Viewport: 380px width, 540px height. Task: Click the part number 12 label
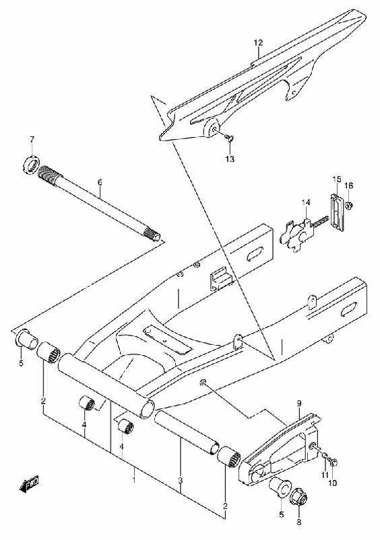point(258,43)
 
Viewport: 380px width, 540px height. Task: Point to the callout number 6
point(100,182)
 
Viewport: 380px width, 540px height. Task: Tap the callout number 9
point(299,402)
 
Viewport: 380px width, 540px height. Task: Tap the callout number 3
point(180,480)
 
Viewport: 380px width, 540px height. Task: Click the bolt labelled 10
point(333,462)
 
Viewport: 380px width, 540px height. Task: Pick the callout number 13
point(230,159)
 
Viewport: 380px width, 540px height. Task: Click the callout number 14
point(306,202)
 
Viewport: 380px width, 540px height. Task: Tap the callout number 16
point(349,186)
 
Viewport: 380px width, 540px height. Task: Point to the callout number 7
point(32,140)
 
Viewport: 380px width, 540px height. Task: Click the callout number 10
point(332,483)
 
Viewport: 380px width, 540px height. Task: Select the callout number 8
point(298,522)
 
